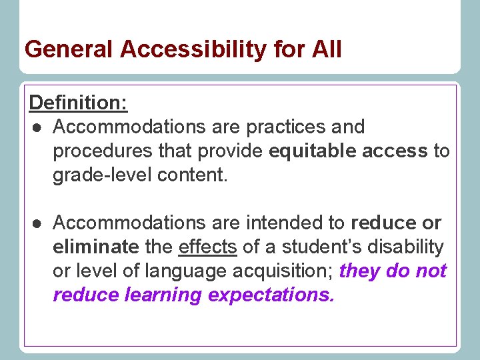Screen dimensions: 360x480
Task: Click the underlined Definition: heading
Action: pos(79,103)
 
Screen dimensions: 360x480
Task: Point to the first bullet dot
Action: pos(35,127)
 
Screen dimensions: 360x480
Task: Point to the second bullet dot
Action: pos(35,223)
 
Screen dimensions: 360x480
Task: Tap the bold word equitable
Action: pos(313,151)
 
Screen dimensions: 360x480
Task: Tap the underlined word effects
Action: pos(207,247)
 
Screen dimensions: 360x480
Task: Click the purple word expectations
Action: pos(279,295)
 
